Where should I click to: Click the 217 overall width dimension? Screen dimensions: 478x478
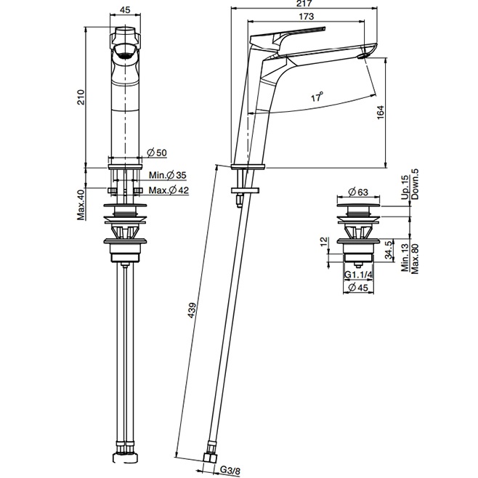[304, 4]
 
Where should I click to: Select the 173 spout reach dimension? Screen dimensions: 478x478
[306, 16]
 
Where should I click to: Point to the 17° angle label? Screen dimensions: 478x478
[317, 97]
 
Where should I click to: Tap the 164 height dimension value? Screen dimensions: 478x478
[381, 112]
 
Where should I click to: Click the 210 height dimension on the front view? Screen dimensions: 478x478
[81, 97]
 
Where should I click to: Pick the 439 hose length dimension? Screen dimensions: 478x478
[192, 310]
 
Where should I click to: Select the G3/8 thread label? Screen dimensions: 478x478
[230, 471]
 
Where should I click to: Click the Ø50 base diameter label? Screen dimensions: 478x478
[157, 153]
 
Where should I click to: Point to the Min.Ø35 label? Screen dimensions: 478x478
[167, 175]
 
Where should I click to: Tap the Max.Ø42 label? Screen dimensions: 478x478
[169, 190]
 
